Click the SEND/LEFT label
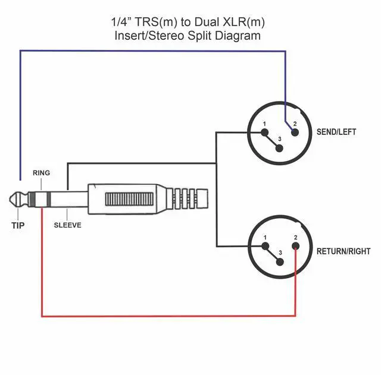(x=336, y=132)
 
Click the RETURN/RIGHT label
(x=342, y=251)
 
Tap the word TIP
(x=18, y=225)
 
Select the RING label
(x=42, y=173)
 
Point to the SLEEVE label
(x=67, y=225)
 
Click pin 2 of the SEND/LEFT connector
(x=293, y=131)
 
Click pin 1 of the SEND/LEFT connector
(x=266, y=132)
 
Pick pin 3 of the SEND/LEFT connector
(x=280, y=146)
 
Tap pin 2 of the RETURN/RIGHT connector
(x=295, y=247)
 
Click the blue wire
(x=149, y=51)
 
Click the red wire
(x=167, y=316)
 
